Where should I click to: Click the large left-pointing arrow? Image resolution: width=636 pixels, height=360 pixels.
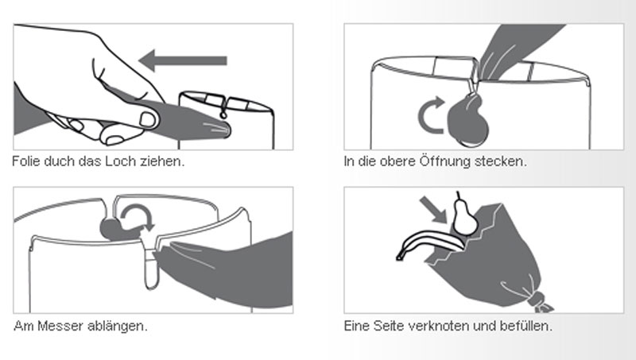[x=183, y=61]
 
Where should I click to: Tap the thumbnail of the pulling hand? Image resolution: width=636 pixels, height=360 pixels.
[x=147, y=119]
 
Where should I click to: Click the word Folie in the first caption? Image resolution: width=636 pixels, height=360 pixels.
[x=26, y=161]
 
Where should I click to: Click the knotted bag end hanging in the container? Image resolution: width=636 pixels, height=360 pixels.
[x=467, y=120]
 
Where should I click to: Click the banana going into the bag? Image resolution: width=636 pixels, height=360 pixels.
[x=430, y=243]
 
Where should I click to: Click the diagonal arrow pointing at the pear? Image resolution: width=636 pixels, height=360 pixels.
[x=433, y=210]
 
